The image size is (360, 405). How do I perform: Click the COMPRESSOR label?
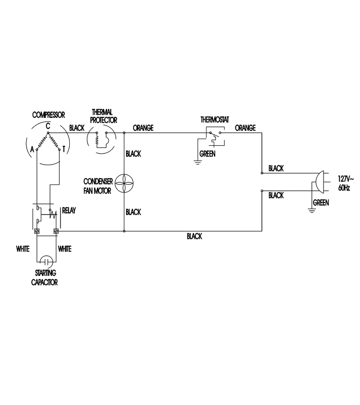click(x=49, y=115)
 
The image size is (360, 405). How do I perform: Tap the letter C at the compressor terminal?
click(x=48, y=126)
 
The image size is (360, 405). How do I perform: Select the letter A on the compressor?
click(x=32, y=149)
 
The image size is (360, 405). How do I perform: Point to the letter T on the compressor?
click(x=63, y=149)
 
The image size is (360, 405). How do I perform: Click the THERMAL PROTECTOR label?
click(x=103, y=116)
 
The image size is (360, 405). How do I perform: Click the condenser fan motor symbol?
click(x=124, y=184)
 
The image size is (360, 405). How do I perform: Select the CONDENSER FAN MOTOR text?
click(x=98, y=186)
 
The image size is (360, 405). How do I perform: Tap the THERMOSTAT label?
click(x=215, y=120)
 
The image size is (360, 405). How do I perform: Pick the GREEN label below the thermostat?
click(x=207, y=154)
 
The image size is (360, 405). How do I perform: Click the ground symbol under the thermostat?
click(x=198, y=162)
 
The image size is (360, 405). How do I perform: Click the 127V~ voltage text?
click(x=346, y=179)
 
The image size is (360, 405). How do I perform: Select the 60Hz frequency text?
click(x=344, y=188)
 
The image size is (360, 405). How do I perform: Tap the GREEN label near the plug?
click(x=321, y=203)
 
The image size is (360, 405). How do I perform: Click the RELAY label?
click(x=69, y=211)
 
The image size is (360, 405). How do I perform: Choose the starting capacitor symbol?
click(x=46, y=262)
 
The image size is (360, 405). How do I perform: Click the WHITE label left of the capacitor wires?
click(x=23, y=249)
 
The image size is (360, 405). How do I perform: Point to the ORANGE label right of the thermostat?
click(x=245, y=128)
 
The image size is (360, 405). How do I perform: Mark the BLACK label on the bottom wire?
click(x=194, y=236)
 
